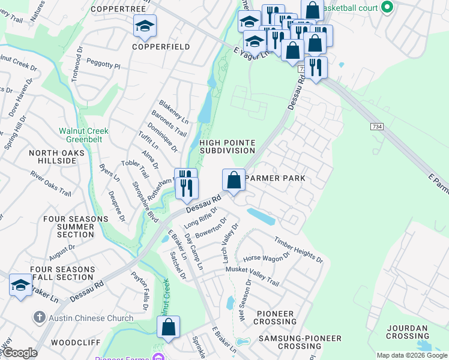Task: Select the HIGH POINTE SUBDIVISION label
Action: coord(228,146)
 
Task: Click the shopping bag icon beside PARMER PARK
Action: coord(234,179)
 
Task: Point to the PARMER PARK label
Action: coord(276,178)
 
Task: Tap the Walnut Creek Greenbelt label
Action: coord(83,135)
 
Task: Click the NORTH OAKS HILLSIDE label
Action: coord(53,157)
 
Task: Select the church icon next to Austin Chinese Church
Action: coord(39,317)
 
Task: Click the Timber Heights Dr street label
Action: coord(299,250)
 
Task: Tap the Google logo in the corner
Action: coord(20,353)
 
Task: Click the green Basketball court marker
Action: coord(387,8)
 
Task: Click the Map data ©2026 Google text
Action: coord(412,355)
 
